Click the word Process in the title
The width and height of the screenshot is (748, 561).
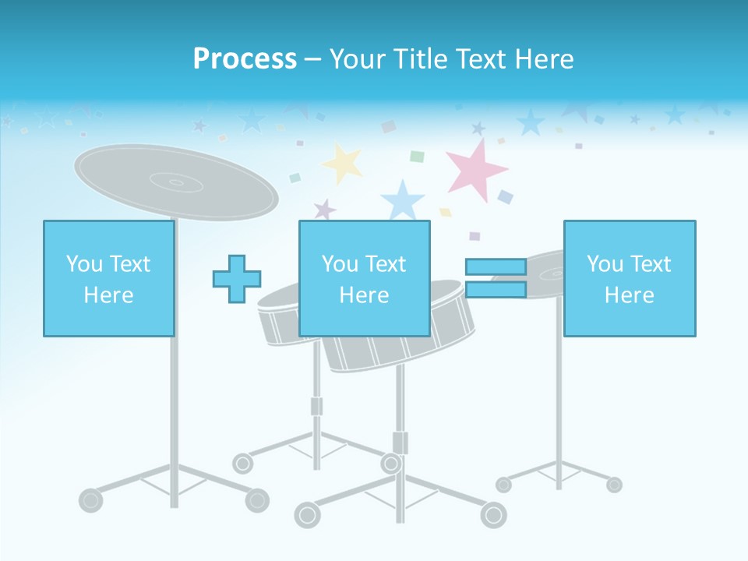[245, 59]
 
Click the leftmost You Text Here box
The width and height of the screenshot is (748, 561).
[108, 278]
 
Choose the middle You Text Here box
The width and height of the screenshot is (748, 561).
[364, 278]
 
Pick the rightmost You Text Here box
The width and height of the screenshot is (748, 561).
[629, 278]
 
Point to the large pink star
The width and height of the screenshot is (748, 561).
[476, 168]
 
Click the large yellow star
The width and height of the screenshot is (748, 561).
[343, 162]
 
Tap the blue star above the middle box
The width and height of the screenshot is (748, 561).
[402, 200]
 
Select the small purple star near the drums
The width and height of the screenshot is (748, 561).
[324, 210]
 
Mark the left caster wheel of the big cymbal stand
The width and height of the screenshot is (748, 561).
[91, 499]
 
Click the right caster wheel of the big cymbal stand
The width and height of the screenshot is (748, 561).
[257, 500]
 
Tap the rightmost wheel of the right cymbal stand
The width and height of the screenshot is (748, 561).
[614, 485]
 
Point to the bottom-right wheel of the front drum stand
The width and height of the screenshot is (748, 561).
[493, 514]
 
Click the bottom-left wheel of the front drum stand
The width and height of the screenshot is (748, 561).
[306, 515]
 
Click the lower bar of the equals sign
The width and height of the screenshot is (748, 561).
[496, 290]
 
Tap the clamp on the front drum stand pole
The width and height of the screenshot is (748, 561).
[400, 443]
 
